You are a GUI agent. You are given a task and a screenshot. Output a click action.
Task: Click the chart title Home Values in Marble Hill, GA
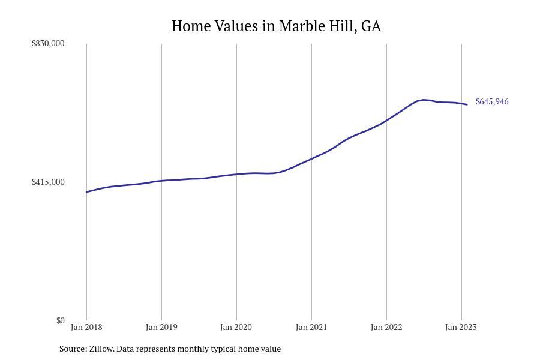point(276,26)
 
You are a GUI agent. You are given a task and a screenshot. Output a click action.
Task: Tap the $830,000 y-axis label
point(48,43)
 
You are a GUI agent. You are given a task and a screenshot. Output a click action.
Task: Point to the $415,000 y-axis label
point(48,182)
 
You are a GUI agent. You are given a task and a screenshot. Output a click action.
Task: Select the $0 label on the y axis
point(60,320)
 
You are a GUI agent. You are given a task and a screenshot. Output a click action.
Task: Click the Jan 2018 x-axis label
point(86,327)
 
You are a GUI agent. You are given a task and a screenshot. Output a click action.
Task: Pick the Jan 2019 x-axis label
point(161,327)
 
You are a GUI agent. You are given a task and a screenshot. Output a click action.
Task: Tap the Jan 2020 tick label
point(236,327)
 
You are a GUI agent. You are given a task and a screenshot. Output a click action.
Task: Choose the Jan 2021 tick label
point(311,327)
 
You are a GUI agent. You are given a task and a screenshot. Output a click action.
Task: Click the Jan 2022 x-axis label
point(386,327)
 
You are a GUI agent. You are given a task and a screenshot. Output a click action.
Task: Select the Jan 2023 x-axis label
point(461,327)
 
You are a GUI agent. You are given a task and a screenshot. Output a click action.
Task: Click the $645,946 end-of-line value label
point(492,102)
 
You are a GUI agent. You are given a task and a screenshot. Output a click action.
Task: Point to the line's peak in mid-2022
point(424,100)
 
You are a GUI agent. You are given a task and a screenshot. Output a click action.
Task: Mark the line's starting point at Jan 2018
point(86,192)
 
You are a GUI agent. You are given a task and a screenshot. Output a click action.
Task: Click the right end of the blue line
point(467,104)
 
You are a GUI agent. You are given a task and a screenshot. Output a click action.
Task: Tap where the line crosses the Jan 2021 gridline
point(311,158)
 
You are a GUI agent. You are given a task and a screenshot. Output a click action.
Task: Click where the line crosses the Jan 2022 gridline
point(386,121)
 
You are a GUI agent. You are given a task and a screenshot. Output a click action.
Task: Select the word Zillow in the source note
point(101,349)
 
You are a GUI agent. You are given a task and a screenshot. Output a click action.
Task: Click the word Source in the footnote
point(73,349)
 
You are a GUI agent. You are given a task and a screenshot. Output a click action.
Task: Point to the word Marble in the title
point(299,26)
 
